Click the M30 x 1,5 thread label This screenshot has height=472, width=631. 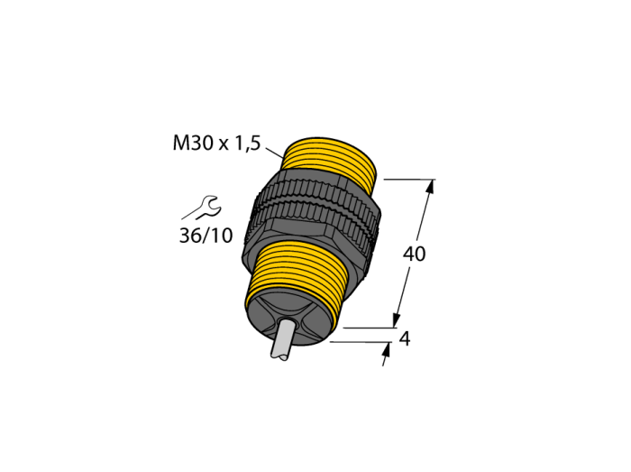point(217,143)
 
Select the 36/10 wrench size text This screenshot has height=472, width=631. point(206,236)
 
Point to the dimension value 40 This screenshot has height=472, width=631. point(414,255)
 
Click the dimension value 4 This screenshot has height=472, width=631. point(405,339)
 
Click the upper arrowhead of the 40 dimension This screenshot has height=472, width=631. point(431,188)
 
